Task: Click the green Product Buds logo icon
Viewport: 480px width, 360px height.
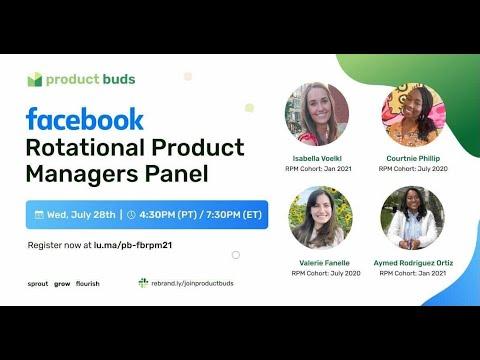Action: [35, 80]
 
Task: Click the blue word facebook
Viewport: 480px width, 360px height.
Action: [85, 119]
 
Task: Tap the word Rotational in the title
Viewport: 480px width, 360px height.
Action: [85, 147]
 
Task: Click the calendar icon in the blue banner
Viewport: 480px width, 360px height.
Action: [39, 214]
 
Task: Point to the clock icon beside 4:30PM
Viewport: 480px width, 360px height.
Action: [131, 214]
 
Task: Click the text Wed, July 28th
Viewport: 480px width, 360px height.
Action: [81, 214]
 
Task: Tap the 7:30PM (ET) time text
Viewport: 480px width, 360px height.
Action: [234, 214]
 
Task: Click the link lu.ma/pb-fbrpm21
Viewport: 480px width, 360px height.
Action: [133, 245]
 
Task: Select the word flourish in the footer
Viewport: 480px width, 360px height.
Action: [88, 284]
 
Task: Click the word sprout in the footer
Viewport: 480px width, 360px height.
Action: [38, 284]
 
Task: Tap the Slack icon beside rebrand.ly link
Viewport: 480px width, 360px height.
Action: [143, 283]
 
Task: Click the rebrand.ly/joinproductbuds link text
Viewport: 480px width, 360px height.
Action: [192, 283]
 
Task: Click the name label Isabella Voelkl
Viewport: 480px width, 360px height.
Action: [317, 158]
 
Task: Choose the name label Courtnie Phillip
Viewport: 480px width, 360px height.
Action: [413, 158]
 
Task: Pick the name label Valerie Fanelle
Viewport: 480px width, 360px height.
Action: [324, 263]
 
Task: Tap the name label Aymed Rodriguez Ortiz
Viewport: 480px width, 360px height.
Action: [413, 263]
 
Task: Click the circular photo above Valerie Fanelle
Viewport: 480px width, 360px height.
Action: [320, 218]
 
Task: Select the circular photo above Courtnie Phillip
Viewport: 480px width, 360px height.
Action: [414, 115]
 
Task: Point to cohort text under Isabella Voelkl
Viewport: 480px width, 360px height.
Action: [318, 169]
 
